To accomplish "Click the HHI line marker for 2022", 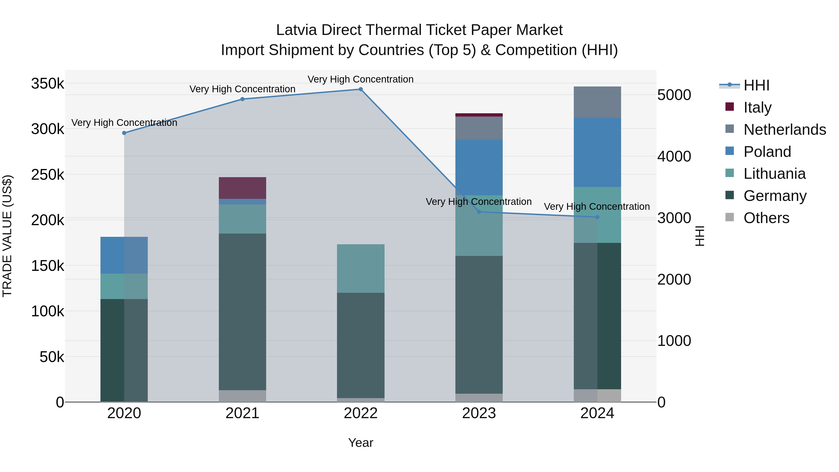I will [x=361, y=89].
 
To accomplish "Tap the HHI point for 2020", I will [x=124, y=133].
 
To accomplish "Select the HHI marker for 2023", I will [x=479, y=212].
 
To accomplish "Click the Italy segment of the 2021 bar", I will [x=242, y=188].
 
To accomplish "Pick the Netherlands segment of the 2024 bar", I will [x=597, y=102].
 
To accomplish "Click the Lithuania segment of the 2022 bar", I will [x=361, y=269].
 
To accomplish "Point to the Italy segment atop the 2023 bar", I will [x=479, y=115].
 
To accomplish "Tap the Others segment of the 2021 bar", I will [x=242, y=396].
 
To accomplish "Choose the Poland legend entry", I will [x=767, y=152].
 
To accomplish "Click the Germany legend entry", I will [x=775, y=196].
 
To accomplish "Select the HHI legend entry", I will [x=756, y=85].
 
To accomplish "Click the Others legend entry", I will [x=766, y=218].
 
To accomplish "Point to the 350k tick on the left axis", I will [x=48, y=84].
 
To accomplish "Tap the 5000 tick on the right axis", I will [x=674, y=95].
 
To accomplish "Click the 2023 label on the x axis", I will [x=479, y=413].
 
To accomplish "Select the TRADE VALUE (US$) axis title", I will [x=7, y=236].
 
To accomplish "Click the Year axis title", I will [x=361, y=443].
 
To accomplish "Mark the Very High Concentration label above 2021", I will [x=242, y=89].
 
